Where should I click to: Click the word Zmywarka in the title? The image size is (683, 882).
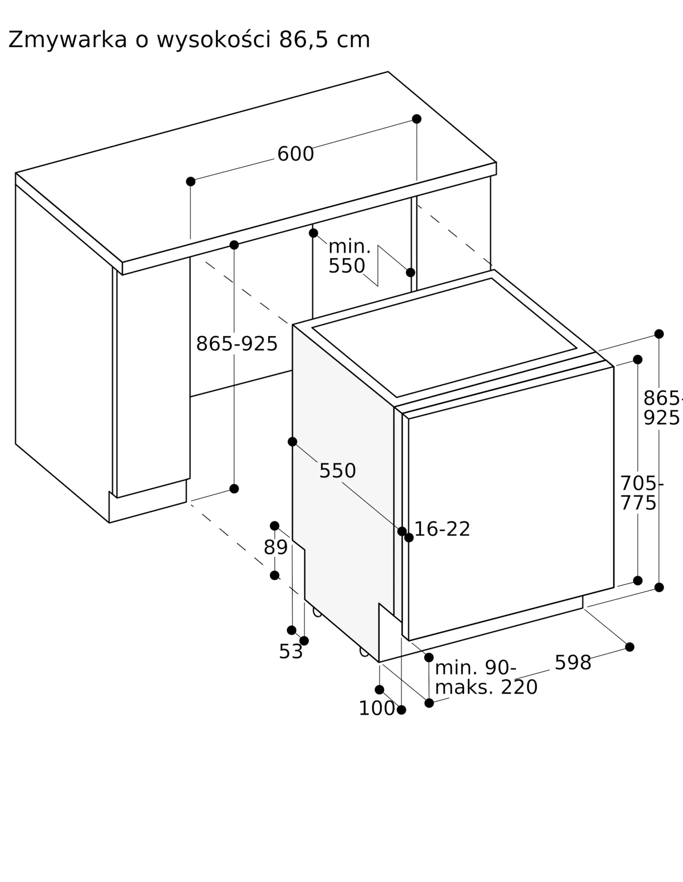[68, 40]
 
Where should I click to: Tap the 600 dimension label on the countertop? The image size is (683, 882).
[296, 154]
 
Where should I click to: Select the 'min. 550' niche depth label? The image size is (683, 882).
[349, 256]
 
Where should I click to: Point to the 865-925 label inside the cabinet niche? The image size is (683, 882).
[237, 344]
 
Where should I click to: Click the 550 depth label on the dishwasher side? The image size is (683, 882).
[338, 471]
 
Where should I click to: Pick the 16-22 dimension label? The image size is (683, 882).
[442, 529]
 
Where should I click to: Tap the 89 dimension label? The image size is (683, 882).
[276, 548]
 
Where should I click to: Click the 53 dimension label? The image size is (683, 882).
[291, 652]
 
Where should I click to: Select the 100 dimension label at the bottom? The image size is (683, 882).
[377, 708]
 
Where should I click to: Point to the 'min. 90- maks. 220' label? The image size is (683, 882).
[486, 678]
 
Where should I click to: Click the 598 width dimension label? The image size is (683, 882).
[573, 662]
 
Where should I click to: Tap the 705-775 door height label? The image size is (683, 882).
[642, 493]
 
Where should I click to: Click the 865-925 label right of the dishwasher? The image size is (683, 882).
[663, 408]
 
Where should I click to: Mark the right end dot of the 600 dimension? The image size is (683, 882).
[417, 119]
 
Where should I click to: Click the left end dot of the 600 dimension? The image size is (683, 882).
[191, 182]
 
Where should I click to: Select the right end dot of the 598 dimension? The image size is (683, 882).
[630, 647]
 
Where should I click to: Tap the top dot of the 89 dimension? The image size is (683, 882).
[275, 526]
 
